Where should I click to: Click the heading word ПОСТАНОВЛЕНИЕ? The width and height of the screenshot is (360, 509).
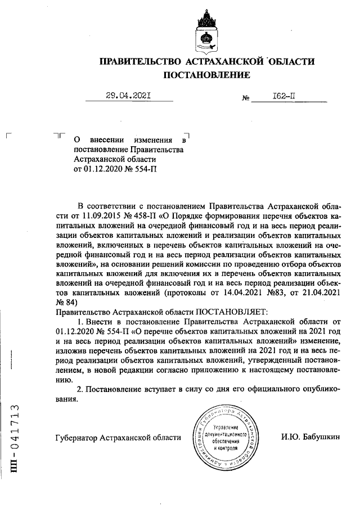pyautogui.click(x=206, y=75)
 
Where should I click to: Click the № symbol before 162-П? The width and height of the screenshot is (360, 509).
pyautogui.click(x=245, y=98)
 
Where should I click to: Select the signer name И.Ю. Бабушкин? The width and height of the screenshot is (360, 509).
pyautogui.click(x=309, y=437)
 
